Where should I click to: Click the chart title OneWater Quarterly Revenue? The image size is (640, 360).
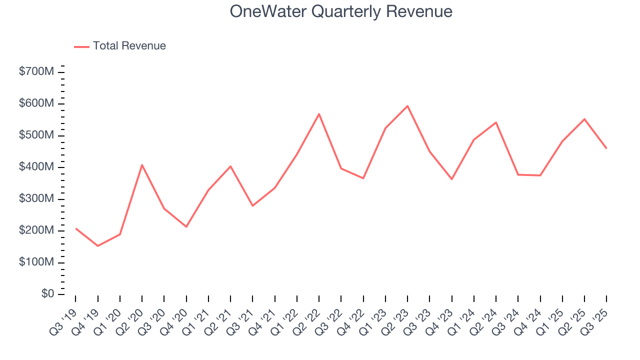pyautogui.click(x=341, y=11)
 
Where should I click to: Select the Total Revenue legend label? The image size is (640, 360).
pyautogui.click(x=129, y=46)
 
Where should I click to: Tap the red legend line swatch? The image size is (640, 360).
pyautogui.click(x=81, y=46)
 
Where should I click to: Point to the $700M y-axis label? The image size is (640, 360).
pyautogui.click(x=36, y=72)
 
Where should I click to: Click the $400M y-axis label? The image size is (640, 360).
pyautogui.click(x=36, y=167)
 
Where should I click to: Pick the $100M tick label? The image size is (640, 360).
pyautogui.click(x=36, y=262)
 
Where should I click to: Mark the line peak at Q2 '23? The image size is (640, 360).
pyautogui.click(x=407, y=106)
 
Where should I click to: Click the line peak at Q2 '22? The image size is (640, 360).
pyautogui.click(x=319, y=114)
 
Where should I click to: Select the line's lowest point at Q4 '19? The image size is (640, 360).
pyautogui.click(x=97, y=245)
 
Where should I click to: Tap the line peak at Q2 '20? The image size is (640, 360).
pyautogui.click(x=142, y=164)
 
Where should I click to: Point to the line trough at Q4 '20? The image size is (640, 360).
pyautogui.click(x=186, y=226)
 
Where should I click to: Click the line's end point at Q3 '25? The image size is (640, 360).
pyautogui.click(x=606, y=148)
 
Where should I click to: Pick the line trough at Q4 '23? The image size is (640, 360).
pyautogui.click(x=451, y=179)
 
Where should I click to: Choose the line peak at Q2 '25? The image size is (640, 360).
pyautogui.click(x=584, y=119)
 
